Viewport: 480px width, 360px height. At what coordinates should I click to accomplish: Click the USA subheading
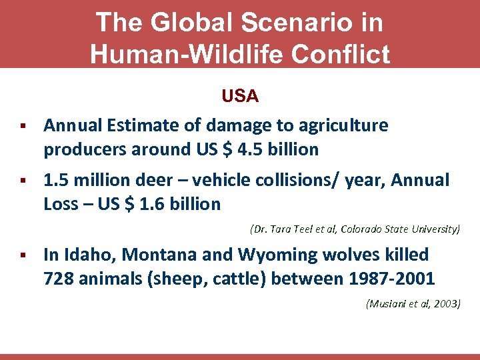click(x=240, y=97)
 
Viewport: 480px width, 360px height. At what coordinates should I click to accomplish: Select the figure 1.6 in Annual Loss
click(x=148, y=205)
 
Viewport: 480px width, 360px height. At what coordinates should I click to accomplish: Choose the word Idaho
click(x=83, y=255)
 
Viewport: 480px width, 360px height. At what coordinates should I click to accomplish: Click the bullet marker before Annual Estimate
click(x=23, y=125)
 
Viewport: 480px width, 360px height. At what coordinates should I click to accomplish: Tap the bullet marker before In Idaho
click(x=23, y=255)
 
